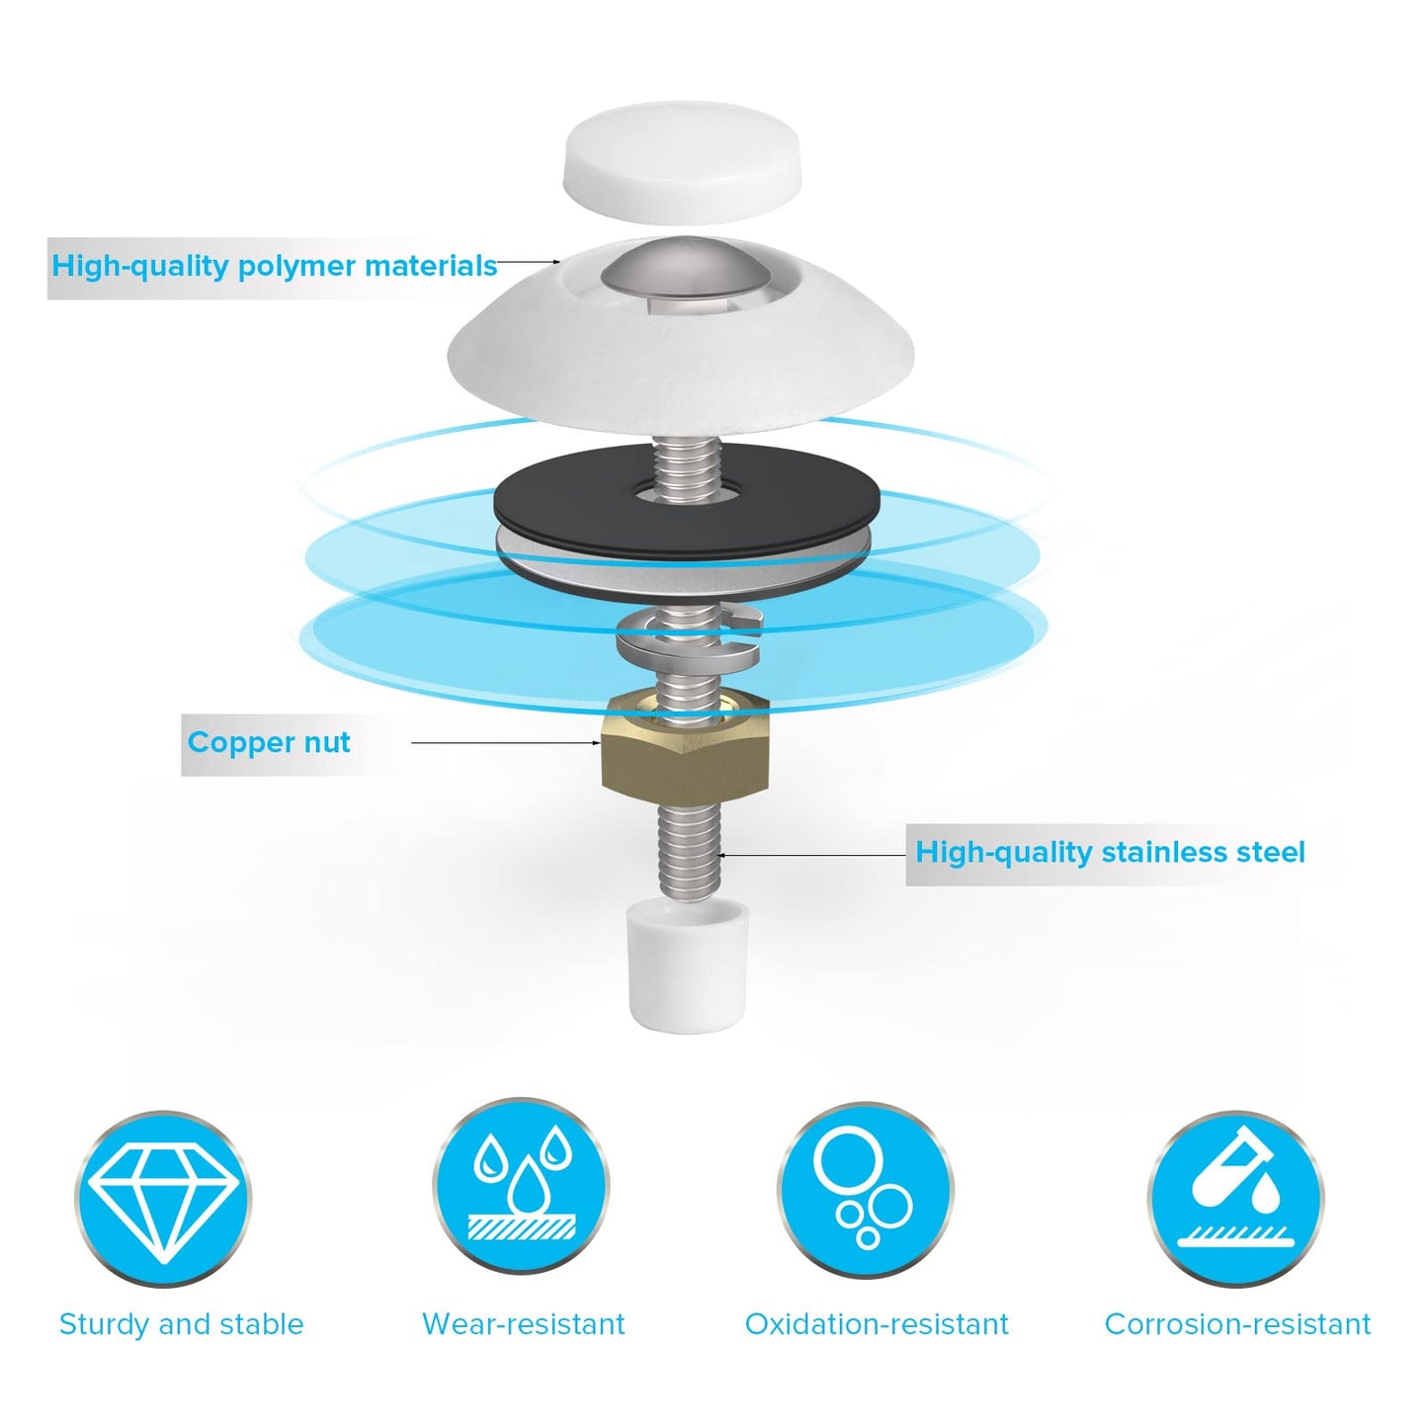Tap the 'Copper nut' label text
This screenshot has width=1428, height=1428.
268,742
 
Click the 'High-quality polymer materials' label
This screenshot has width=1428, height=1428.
274,265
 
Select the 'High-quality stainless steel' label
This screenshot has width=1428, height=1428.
1110,852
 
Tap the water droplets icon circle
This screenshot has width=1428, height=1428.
521,1186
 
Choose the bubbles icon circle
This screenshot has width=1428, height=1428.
865,1192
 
